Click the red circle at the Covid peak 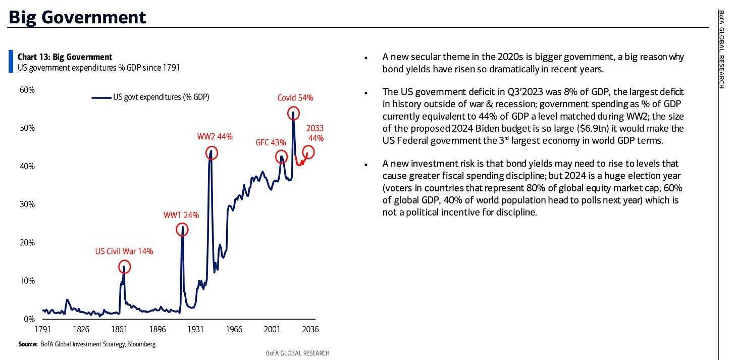[x=293, y=113]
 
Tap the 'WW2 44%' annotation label [x=215, y=136]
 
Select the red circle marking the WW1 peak [x=182, y=230]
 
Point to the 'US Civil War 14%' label [x=124, y=251]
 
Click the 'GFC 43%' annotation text [x=271, y=142]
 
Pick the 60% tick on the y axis [x=27, y=90]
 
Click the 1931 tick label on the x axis [x=195, y=330]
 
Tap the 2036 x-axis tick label [x=310, y=330]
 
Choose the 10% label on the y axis [x=27, y=281]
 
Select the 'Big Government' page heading [x=77, y=17]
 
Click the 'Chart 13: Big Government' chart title [x=65, y=57]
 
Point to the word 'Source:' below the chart [x=28, y=344]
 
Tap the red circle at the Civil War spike [x=124, y=267]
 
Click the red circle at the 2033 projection [x=307, y=151]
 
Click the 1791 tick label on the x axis [x=42, y=330]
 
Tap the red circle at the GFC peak [x=281, y=157]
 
